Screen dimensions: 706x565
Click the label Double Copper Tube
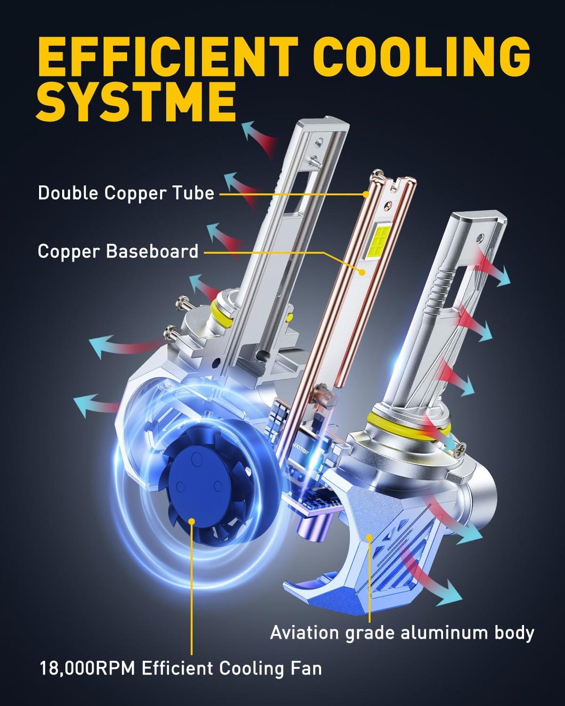coord(126,193)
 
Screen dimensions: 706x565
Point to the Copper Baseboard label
coord(118,251)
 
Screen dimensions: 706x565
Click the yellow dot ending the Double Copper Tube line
coord(366,193)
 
